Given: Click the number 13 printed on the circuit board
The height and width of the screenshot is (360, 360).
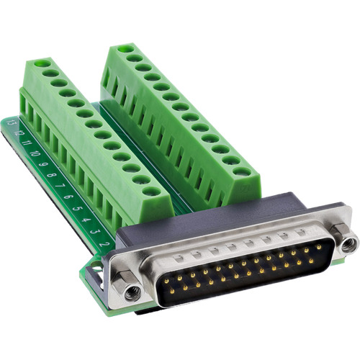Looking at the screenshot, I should tap(12, 125).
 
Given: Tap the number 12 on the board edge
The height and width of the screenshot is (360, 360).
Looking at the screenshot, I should tap(19, 135).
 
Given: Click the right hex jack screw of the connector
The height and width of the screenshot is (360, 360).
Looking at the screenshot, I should tap(348, 244).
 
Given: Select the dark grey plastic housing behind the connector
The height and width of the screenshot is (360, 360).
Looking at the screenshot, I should tap(216, 216).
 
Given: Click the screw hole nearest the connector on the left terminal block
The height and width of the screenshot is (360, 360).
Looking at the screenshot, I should tap(150, 192).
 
